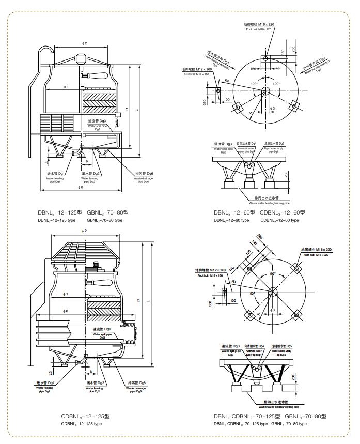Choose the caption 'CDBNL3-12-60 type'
coord(279,220)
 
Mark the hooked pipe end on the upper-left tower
coord(47,51)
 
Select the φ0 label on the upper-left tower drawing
coord(81,187)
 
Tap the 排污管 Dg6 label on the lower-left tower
coord(136,383)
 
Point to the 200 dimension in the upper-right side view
coord(286,173)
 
